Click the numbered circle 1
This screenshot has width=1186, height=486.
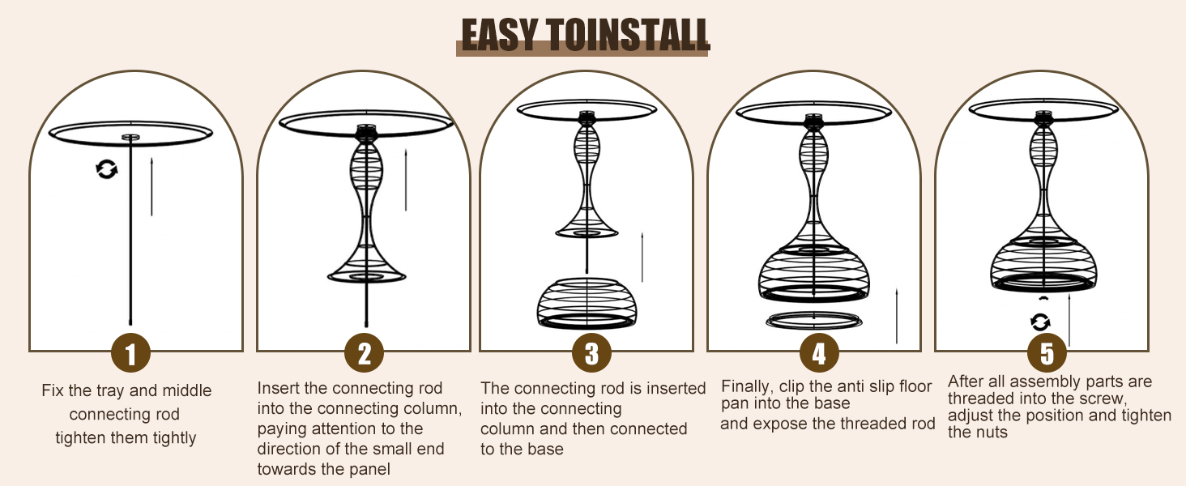pyautogui.click(x=130, y=353)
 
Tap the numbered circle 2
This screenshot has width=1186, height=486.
pyautogui.click(x=365, y=353)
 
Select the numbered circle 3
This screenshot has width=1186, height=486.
pyautogui.click(x=592, y=353)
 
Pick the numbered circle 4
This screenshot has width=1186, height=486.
pyautogui.click(x=819, y=353)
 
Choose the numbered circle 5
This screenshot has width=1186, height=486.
pyautogui.click(x=1047, y=353)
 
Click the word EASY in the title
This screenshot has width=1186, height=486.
pyautogui.click(x=499, y=35)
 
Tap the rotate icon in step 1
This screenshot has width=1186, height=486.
pyautogui.click(x=106, y=169)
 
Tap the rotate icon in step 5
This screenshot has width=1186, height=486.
pyautogui.click(x=1040, y=322)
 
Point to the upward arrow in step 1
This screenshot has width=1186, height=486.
pyautogui.click(x=151, y=186)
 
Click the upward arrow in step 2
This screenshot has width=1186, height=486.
pyautogui.click(x=406, y=180)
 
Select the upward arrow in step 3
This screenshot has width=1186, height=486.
pyautogui.click(x=642, y=257)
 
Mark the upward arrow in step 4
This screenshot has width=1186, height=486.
pyautogui.click(x=896, y=316)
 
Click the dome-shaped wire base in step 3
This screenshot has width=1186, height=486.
pyautogui.click(x=587, y=303)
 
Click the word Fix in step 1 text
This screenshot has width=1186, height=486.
pyautogui.click(x=53, y=390)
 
